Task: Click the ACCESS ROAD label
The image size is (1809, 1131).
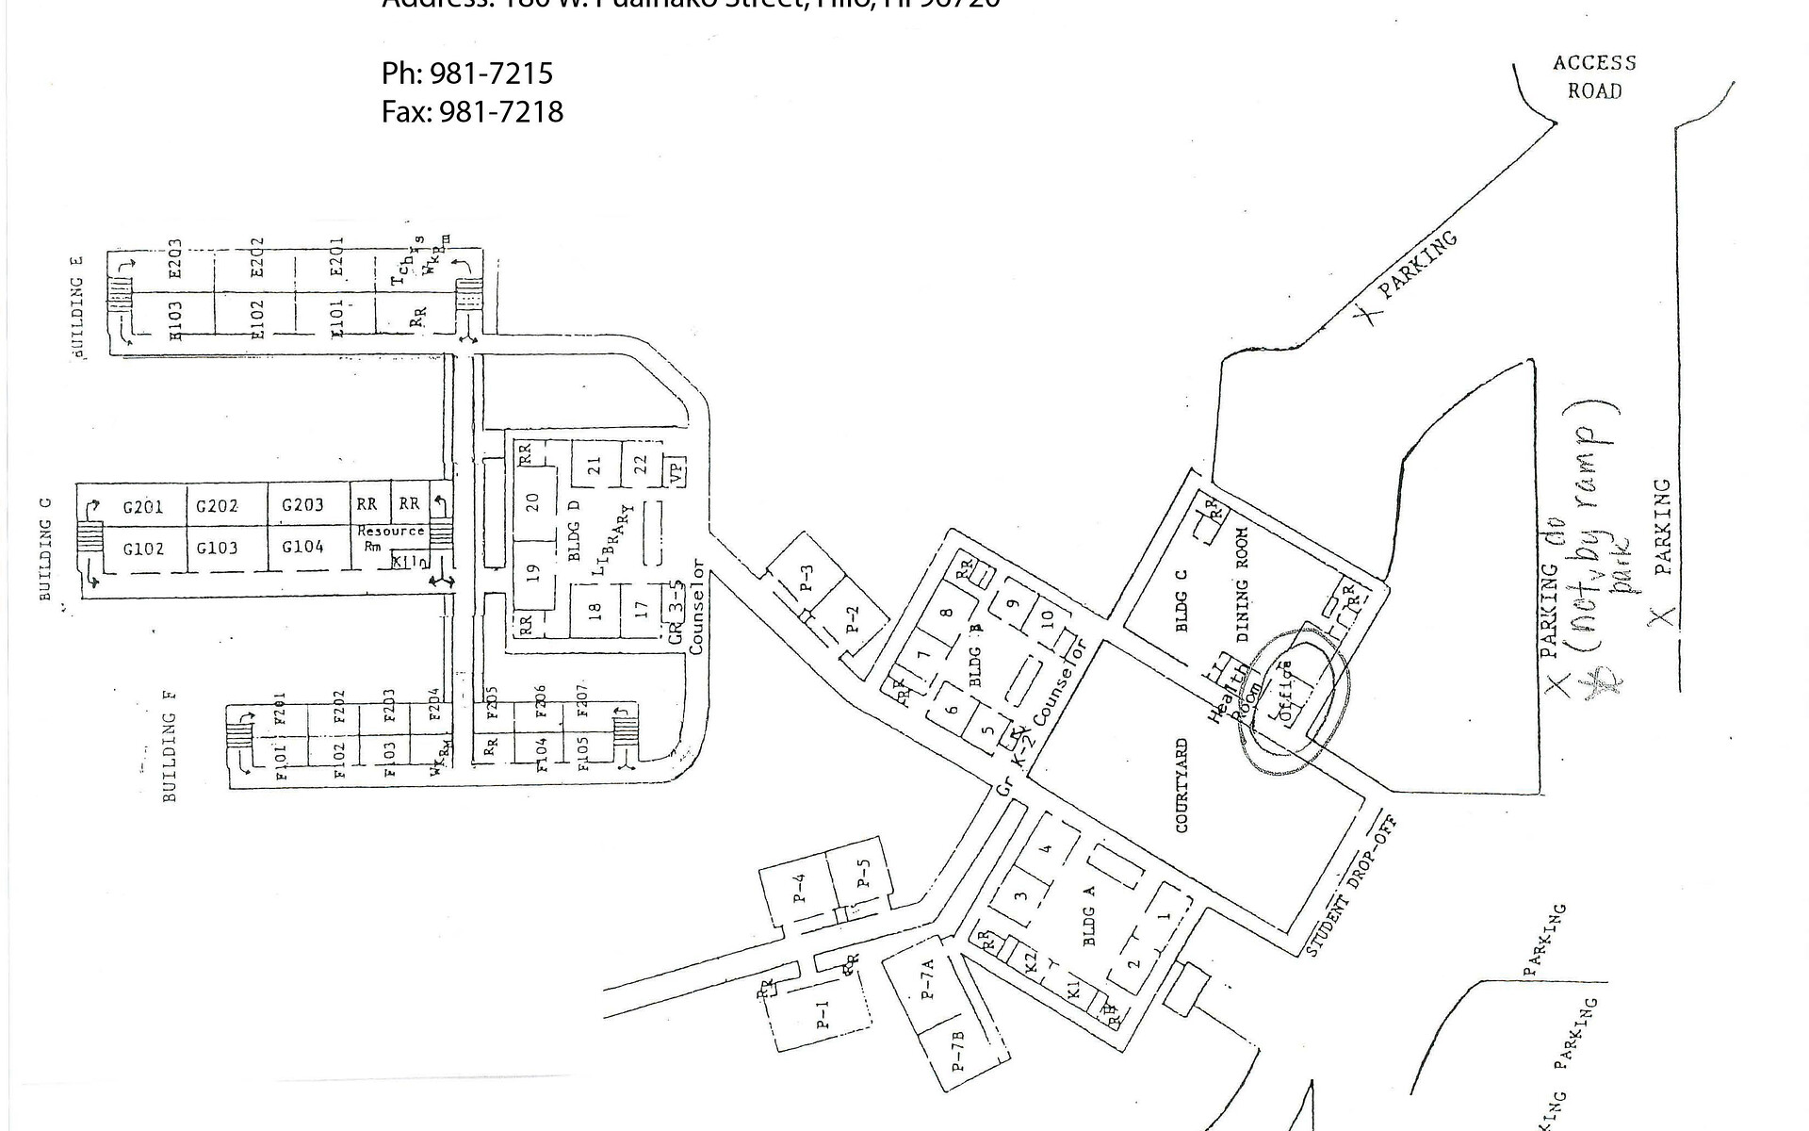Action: (x=1594, y=76)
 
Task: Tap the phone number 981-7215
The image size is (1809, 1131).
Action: (x=467, y=74)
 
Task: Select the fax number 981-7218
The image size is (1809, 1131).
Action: (x=472, y=112)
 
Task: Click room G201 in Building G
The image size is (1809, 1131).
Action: (x=143, y=507)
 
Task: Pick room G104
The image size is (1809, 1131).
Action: (x=302, y=547)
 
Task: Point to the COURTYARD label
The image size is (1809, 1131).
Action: (x=1182, y=785)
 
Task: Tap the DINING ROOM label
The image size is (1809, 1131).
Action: (x=1242, y=584)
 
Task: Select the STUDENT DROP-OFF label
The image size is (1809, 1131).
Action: (x=1349, y=887)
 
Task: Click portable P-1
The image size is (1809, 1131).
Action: (x=823, y=1011)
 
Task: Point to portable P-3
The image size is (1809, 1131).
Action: (x=806, y=577)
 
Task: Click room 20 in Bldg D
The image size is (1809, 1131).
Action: (x=533, y=501)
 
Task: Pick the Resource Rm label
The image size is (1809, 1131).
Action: (x=389, y=537)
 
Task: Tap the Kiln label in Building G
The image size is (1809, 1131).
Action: (x=410, y=562)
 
